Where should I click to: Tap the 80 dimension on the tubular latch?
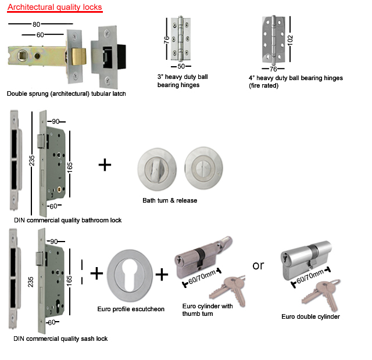[36, 24]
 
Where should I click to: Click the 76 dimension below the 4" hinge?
[273, 69]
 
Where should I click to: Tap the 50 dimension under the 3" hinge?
[181, 66]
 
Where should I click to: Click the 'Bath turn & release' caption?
[170, 201]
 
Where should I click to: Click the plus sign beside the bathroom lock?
[105, 165]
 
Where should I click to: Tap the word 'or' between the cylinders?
[258, 265]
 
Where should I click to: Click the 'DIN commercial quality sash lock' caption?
[60, 339]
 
